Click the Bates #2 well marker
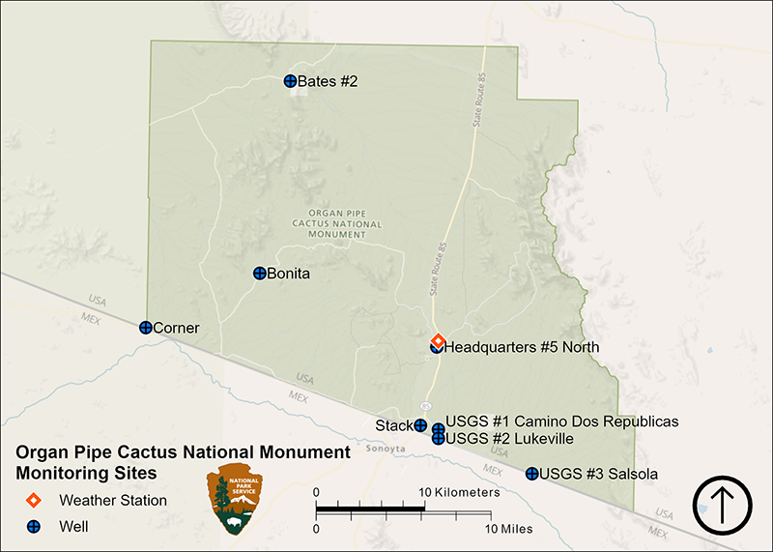pos(290,81)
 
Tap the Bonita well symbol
pos(259,274)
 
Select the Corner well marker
pos(145,328)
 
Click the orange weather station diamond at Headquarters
pos(437,341)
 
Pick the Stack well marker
pos(420,425)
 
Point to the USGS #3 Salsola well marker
pos(531,474)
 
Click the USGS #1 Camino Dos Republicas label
pos(561,421)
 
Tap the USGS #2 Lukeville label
pos(509,439)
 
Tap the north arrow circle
pos(723,506)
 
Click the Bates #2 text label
pos(328,81)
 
